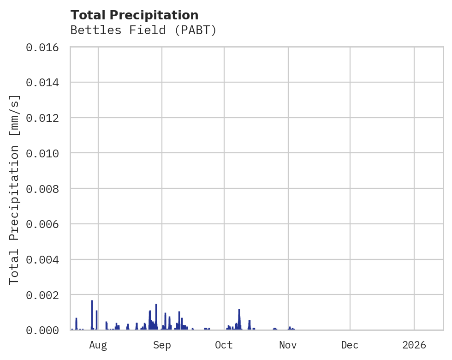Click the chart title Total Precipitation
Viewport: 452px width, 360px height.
coord(134,15)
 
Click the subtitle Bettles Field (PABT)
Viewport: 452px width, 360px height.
coord(143,30)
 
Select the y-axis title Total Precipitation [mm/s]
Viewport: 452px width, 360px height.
coord(15,189)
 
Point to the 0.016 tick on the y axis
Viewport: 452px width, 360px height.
coord(45,47)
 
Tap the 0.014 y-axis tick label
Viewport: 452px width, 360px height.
coord(45,83)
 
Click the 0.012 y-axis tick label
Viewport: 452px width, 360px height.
coord(45,118)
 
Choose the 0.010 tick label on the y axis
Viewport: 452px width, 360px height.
coord(45,153)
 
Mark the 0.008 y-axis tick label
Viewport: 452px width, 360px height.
coord(45,189)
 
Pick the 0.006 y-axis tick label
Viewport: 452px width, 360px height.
coord(45,224)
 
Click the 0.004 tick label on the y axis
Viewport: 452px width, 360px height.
coord(45,259)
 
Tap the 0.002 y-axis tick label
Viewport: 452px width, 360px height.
coord(45,295)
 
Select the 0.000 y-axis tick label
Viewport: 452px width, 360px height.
coord(45,330)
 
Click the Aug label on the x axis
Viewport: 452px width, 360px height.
coord(98,345)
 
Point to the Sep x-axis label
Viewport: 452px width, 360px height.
coord(162,345)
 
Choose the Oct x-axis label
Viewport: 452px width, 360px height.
coord(224,345)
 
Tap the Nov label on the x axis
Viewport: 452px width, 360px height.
coord(288,345)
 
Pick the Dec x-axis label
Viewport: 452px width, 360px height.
coord(350,345)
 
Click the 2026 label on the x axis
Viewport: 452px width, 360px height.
coord(414,345)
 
